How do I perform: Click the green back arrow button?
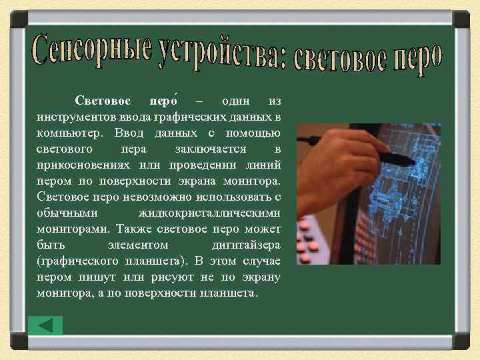(46, 325)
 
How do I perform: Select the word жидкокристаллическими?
(209, 213)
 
